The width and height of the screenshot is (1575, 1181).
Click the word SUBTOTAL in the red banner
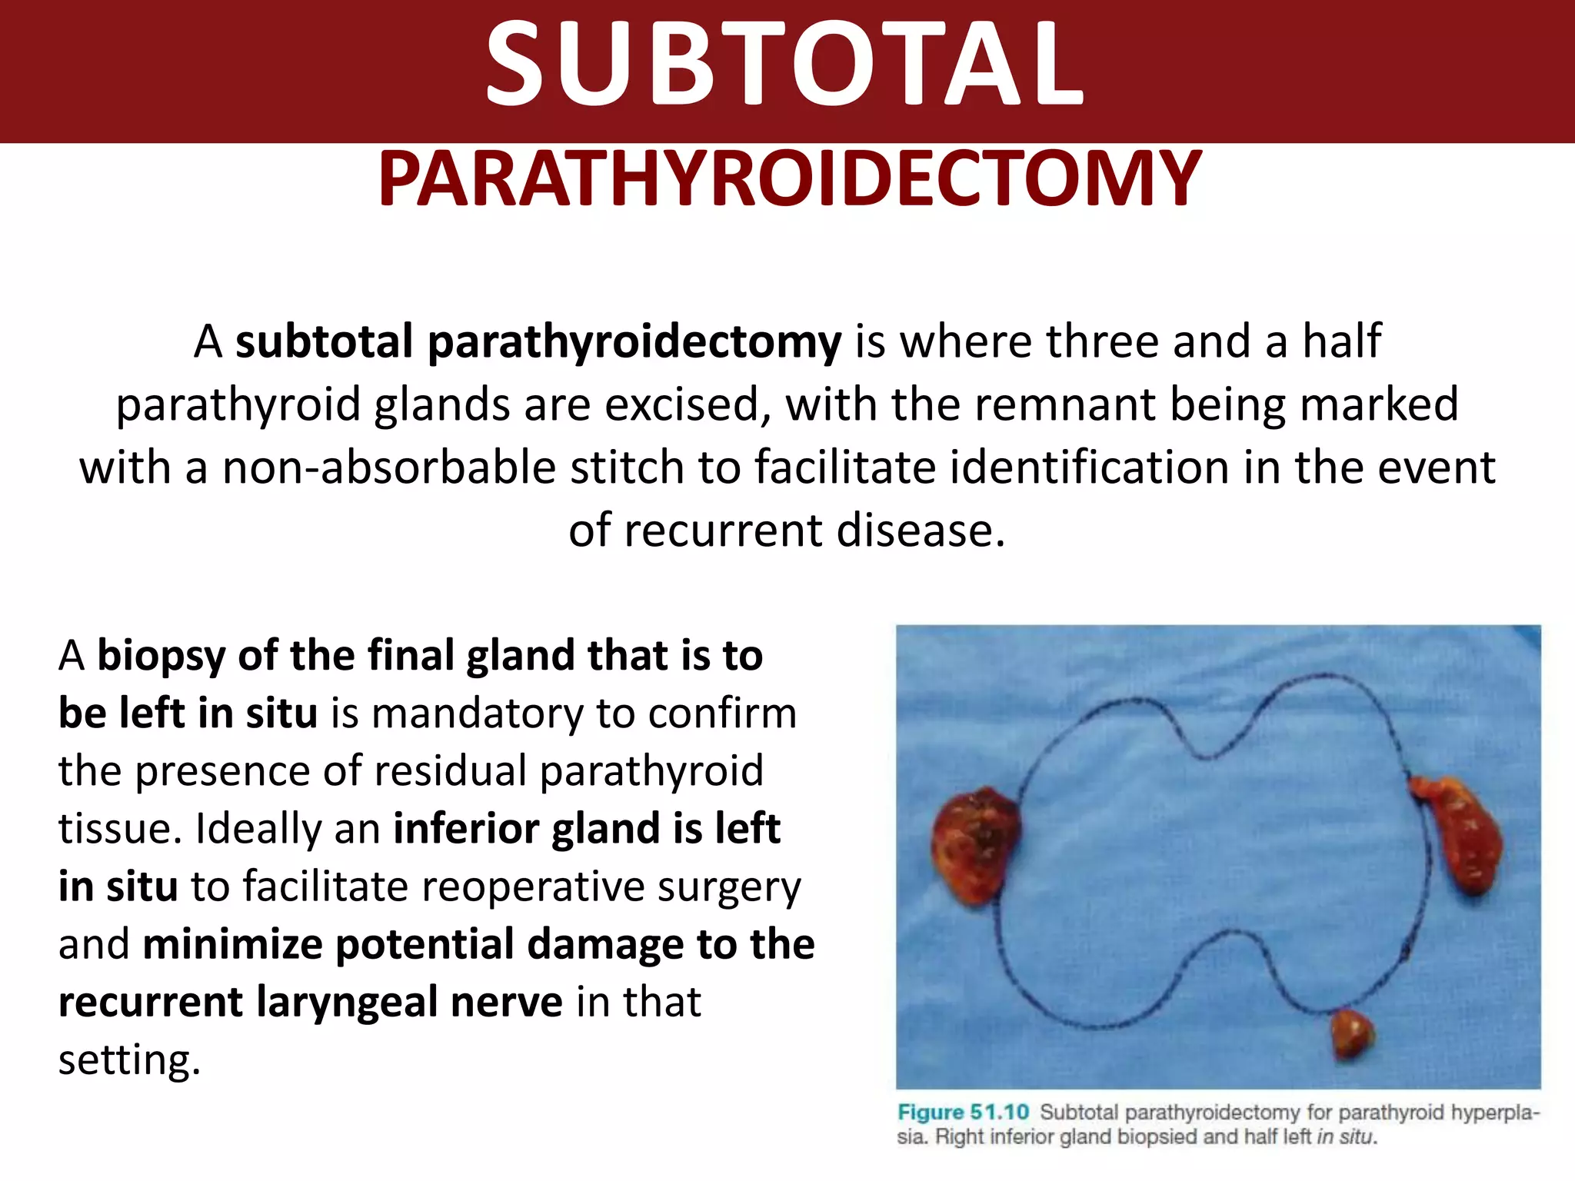(x=784, y=63)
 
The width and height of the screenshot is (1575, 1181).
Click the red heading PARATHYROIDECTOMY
(x=789, y=179)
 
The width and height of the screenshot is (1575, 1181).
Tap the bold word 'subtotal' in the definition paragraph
(x=324, y=341)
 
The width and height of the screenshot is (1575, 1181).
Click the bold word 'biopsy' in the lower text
(x=161, y=656)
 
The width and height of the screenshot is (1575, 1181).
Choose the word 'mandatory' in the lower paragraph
(x=478, y=714)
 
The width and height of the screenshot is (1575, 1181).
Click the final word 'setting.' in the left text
(x=129, y=1060)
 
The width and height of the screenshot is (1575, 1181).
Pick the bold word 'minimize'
(x=232, y=944)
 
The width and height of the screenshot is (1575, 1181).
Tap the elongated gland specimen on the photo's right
(x=1458, y=834)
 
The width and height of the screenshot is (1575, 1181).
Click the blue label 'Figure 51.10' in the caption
(x=963, y=1113)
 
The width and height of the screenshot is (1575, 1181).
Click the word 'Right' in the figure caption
(x=958, y=1137)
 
